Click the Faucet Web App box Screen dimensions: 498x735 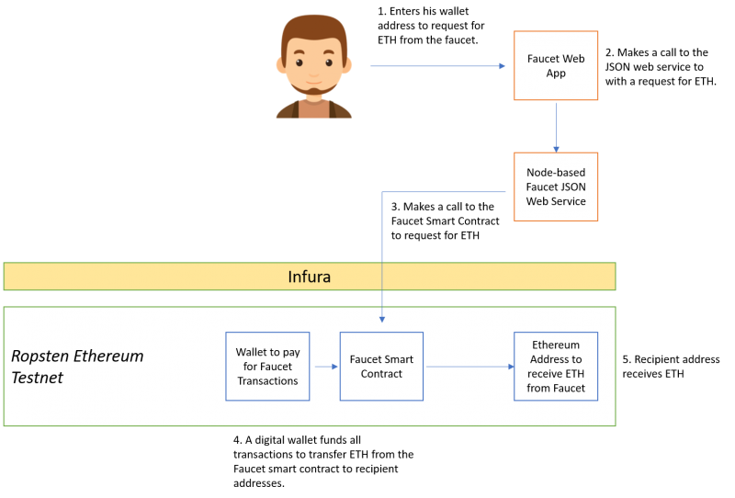(x=556, y=65)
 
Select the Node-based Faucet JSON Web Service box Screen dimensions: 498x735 (x=556, y=187)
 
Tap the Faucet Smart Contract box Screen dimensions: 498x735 (x=381, y=367)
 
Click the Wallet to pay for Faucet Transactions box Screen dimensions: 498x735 (x=267, y=367)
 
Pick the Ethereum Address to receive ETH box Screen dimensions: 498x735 (x=556, y=367)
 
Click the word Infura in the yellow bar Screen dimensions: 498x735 (x=309, y=277)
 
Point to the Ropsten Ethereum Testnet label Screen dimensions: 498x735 (x=77, y=367)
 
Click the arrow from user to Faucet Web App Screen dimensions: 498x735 (x=437, y=66)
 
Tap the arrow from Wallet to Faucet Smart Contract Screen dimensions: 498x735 (x=324, y=367)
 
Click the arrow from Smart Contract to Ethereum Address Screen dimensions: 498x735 (x=469, y=367)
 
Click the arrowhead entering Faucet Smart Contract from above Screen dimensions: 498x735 (x=381, y=319)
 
